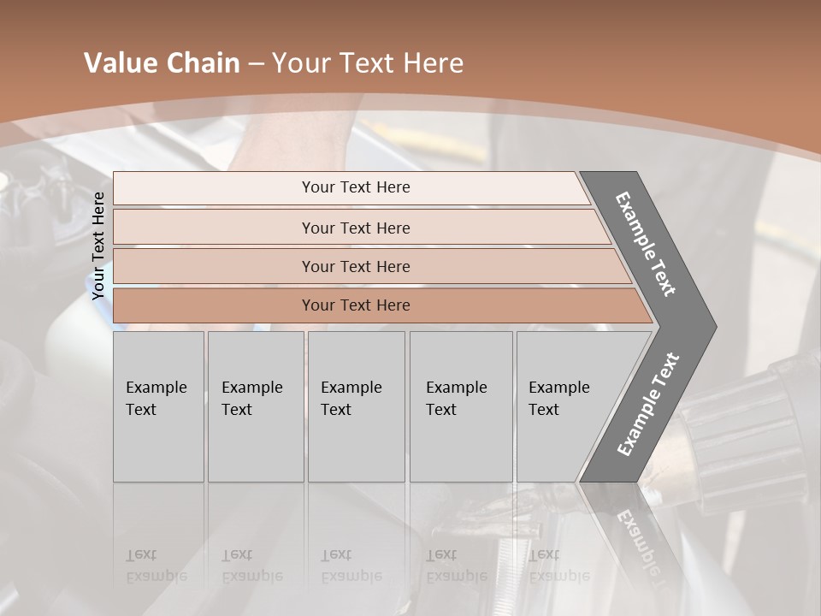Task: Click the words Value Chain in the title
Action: coord(162,63)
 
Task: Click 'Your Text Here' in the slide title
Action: coord(368,63)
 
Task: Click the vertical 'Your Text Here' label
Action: coord(99,246)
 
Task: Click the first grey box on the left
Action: coord(158,406)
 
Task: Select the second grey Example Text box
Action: coord(256,406)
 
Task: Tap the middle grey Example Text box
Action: coord(356,406)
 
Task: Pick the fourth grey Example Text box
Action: coord(461,406)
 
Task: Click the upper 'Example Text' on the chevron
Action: coord(646,244)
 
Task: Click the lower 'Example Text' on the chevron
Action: coord(647,405)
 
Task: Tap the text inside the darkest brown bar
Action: coord(356,305)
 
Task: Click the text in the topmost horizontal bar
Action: coord(356,187)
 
